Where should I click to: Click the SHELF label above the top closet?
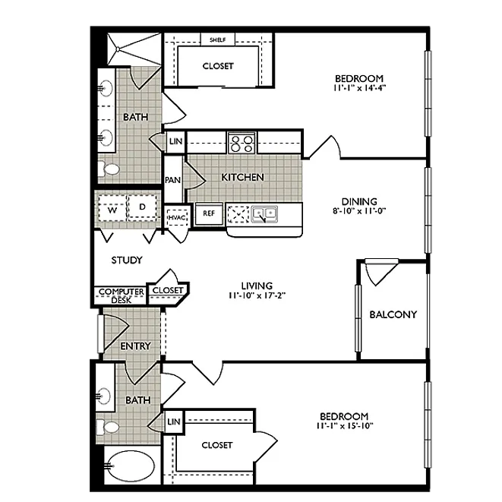(x=217, y=39)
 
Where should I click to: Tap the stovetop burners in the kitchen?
(x=242, y=142)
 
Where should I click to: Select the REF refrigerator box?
(x=209, y=214)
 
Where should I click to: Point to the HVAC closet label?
(x=176, y=217)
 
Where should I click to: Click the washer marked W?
(x=111, y=207)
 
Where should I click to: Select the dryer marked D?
(x=140, y=207)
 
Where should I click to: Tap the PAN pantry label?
(x=173, y=180)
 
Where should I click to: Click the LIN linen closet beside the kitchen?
(x=175, y=142)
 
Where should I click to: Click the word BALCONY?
(x=393, y=314)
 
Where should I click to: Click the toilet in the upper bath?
(x=108, y=169)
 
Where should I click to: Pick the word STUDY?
(x=127, y=260)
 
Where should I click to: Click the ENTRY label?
(x=136, y=346)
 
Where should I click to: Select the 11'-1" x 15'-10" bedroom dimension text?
(x=344, y=427)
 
